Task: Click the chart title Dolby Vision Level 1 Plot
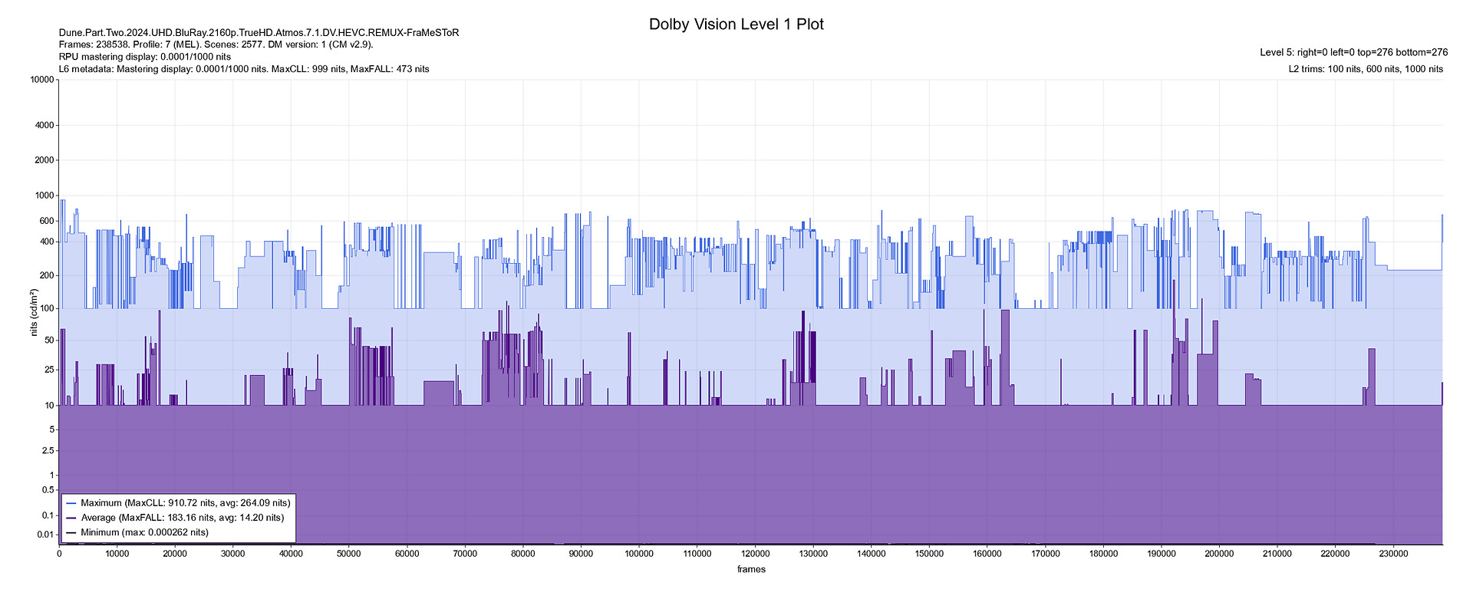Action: click(736, 25)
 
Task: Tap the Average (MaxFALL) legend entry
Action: click(182, 518)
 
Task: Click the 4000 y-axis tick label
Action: click(45, 125)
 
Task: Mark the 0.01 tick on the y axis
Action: click(45, 535)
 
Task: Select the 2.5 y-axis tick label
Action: click(48, 452)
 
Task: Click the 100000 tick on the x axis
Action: click(639, 554)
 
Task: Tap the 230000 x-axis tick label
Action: click(1393, 554)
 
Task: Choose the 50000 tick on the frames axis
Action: click(349, 554)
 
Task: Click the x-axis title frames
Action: click(751, 569)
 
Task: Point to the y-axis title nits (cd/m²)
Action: click(34, 312)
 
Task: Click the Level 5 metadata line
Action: click(1353, 52)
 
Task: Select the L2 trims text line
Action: click(1366, 69)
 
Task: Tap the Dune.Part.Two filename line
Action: click(259, 32)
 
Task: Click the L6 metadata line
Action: click(244, 69)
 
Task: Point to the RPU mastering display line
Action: click(145, 57)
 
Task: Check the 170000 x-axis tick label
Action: click(1045, 554)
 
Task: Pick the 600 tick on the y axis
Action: click(47, 221)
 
